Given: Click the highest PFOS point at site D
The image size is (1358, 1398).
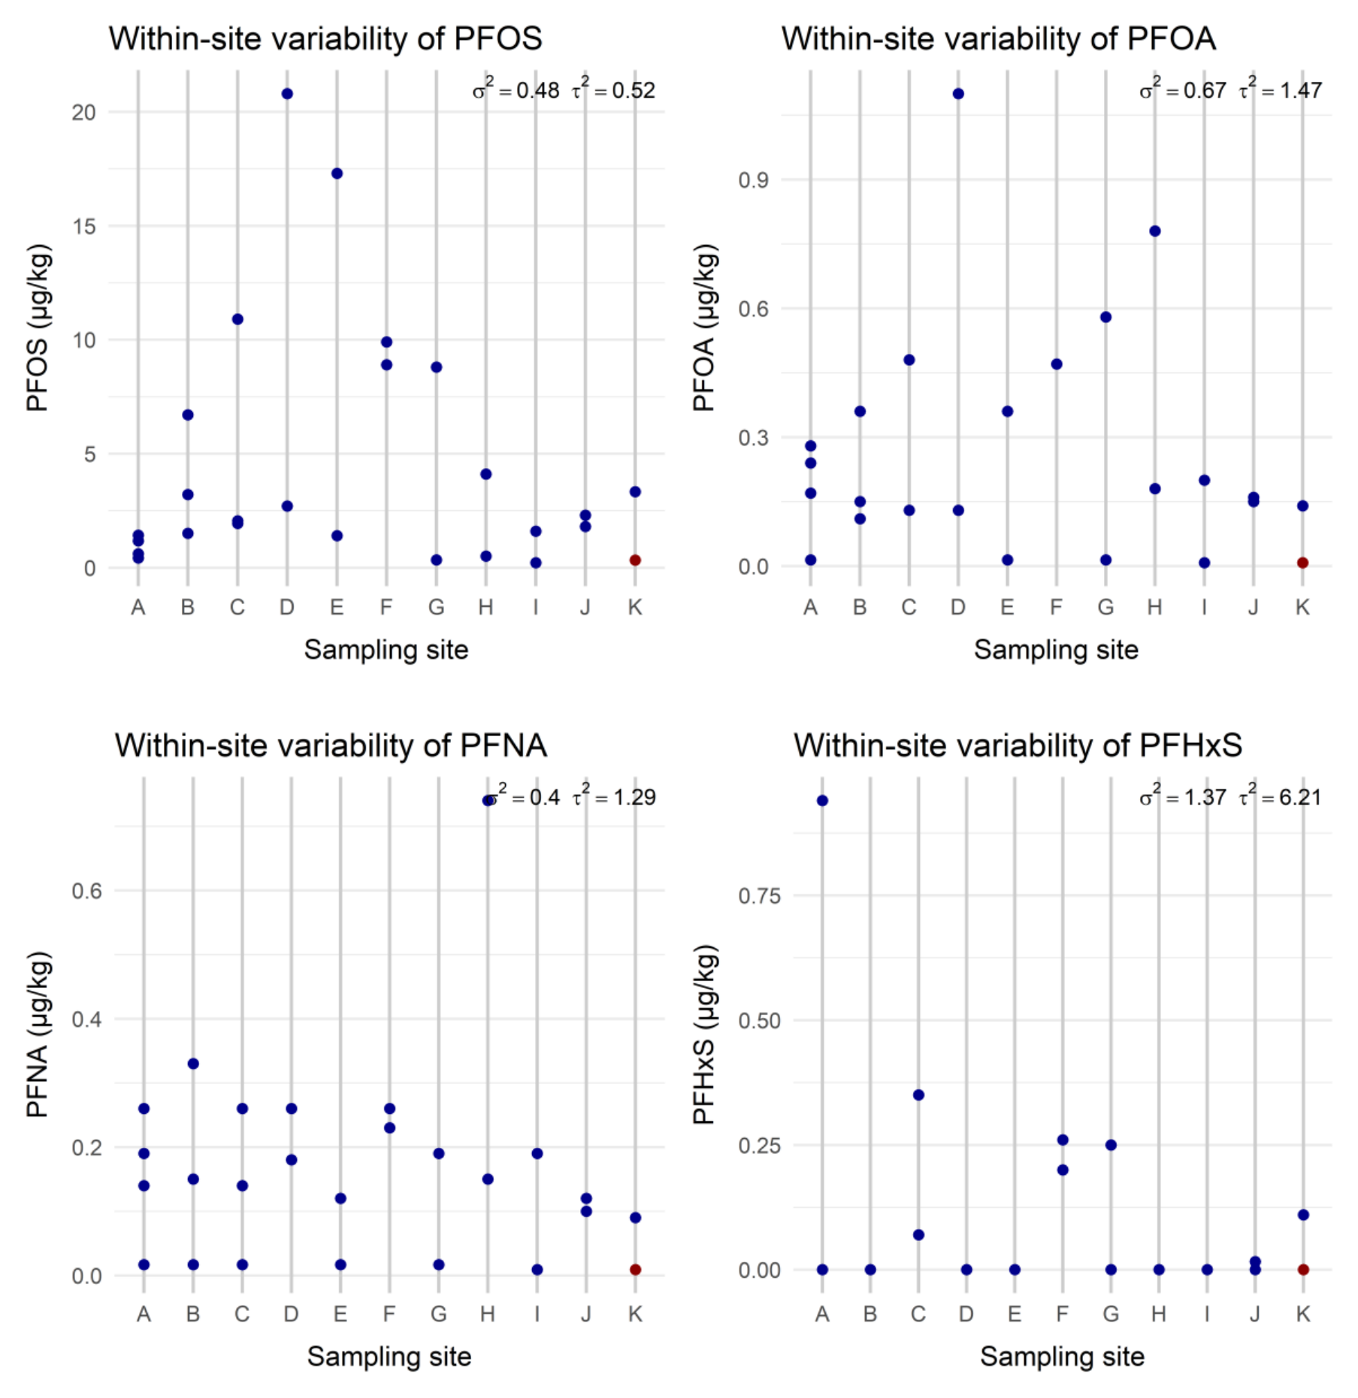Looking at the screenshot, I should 287,94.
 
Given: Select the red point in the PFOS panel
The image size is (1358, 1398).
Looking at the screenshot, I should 635,560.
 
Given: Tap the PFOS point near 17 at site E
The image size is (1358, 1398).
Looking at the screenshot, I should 337,174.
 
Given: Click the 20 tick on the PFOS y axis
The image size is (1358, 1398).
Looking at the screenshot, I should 84,113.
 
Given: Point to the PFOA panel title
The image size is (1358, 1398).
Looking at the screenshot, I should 998,39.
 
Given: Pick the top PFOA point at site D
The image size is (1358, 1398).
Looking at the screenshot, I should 958,94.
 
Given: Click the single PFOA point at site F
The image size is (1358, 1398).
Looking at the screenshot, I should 1057,364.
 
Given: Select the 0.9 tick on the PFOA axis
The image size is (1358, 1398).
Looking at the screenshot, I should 753,180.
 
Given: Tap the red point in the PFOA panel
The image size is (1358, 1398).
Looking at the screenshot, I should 1303,563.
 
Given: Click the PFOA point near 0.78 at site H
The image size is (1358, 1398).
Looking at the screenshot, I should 1155,231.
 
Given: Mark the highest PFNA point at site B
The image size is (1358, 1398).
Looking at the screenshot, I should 193,1064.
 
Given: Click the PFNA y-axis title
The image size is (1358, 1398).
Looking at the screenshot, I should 38,1035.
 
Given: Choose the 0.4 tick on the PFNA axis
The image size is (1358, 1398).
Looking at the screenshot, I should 86,1019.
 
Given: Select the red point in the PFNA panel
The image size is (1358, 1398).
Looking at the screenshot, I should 635,1270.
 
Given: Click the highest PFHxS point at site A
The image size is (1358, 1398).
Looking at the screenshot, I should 822,801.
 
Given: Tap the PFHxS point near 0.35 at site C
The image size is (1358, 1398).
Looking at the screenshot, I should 918,1095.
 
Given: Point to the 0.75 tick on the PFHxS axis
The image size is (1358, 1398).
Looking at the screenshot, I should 759,895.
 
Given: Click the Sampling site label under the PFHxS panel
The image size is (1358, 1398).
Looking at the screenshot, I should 1062,1357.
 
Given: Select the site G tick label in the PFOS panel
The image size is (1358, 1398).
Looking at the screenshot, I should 436,607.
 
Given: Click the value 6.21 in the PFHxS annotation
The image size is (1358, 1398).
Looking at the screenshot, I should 1300,798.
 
